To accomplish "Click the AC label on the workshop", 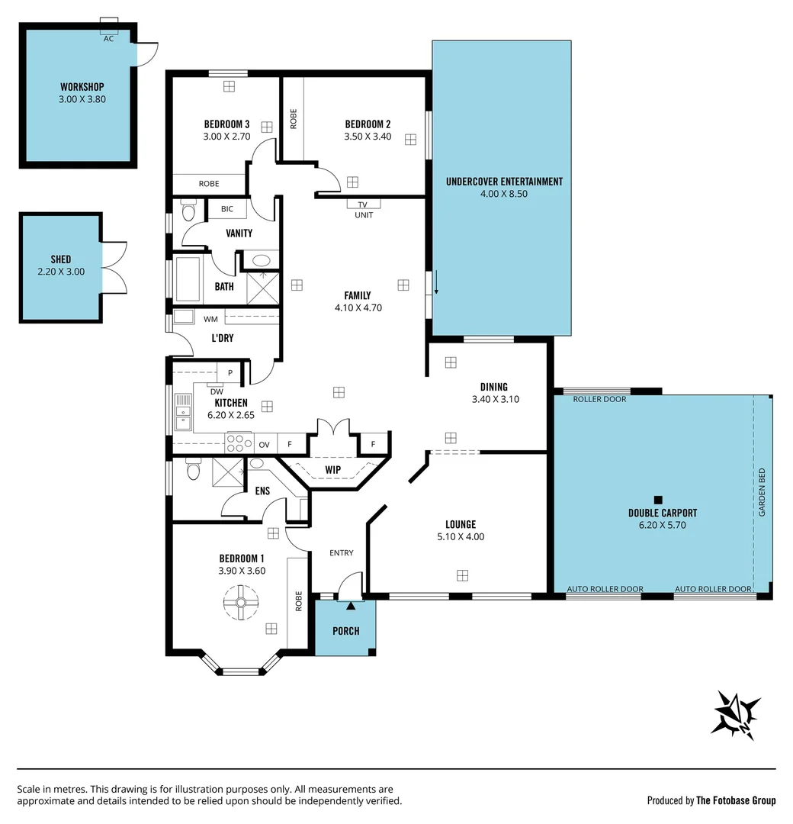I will click(108, 38).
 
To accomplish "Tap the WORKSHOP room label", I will click(82, 87).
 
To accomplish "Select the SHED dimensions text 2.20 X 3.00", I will click(60, 272).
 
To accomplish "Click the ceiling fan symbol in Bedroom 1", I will click(240, 602).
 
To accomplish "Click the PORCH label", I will click(345, 631).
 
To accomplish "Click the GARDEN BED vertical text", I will click(762, 493).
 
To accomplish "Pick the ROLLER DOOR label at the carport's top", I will click(599, 399).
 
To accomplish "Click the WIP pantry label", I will click(332, 470).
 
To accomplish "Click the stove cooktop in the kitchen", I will click(239, 443).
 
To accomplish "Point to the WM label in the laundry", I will click(210, 319).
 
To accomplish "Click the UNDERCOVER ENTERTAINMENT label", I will click(504, 182).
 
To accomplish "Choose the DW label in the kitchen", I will click(217, 391).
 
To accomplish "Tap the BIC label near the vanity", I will click(227, 208).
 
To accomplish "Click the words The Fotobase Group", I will click(736, 800).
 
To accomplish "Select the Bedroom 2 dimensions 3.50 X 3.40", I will click(368, 137).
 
